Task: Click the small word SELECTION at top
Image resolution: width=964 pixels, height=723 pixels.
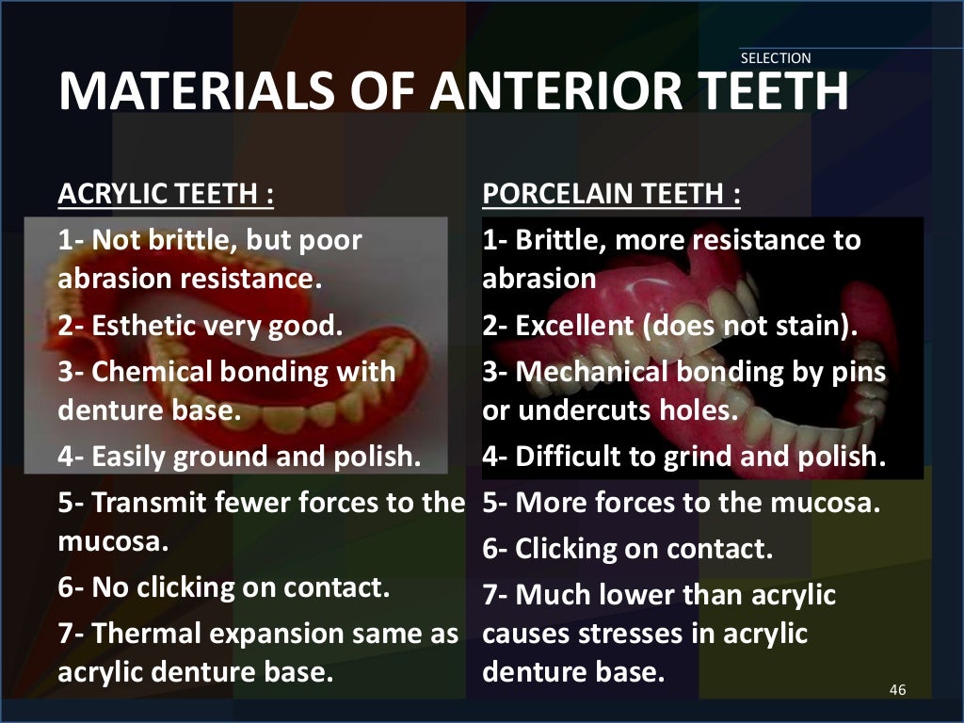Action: coord(776,58)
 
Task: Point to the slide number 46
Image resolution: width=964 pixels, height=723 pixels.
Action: coord(896,691)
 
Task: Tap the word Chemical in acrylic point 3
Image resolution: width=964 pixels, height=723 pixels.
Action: coord(152,371)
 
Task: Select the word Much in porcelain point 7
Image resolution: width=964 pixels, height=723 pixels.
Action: coord(549,595)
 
